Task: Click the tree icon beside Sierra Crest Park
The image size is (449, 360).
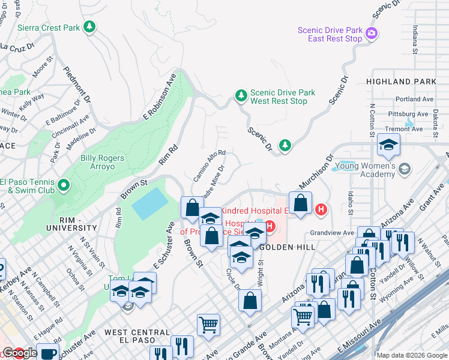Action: pos(89,27)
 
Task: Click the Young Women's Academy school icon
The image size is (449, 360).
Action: pos(405,169)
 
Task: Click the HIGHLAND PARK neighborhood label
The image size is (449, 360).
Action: pos(397,82)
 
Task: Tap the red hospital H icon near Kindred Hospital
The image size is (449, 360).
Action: pos(321,209)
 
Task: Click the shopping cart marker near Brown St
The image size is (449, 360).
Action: pos(208,325)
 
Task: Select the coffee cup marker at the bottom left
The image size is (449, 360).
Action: pos(47,353)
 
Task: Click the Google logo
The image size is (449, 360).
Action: pos(19,353)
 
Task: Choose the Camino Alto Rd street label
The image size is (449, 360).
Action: pos(209,166)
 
